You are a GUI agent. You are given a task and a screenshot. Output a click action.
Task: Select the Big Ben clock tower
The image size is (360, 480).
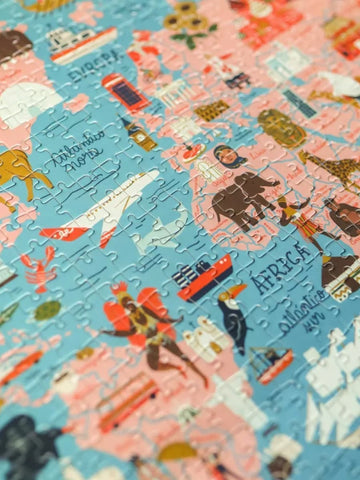pyautogui.click(x=138, y=133)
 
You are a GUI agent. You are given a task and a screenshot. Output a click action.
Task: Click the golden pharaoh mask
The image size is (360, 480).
pyautogui.click(x=281, y=127)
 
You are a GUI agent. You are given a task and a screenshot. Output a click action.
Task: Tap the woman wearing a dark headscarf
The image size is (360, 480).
pyautogui.click(x=228, y=160)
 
